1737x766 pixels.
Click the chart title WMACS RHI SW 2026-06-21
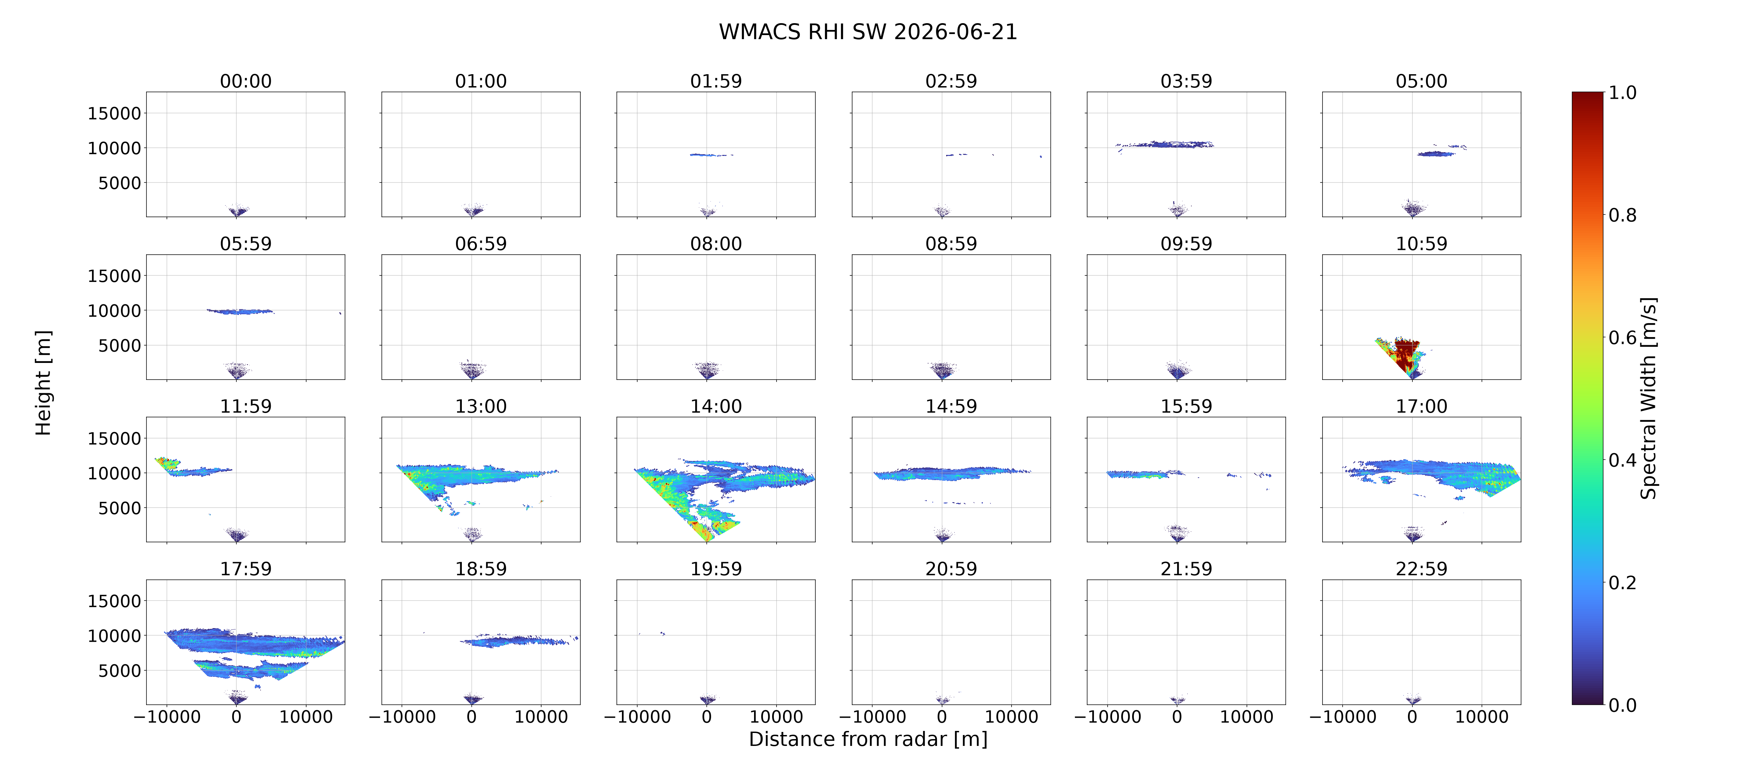(868, 32)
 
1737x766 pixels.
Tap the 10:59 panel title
(1421, 243)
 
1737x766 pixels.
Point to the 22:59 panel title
(1421, 569)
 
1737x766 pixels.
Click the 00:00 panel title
(246, 81)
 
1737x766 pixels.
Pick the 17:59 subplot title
(246, 569)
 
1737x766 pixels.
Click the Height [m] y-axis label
(43, 383)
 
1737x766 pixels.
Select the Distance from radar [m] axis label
(868, 739)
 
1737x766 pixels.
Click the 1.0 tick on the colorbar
(1622, 92)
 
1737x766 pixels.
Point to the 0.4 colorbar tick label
(1622, 460)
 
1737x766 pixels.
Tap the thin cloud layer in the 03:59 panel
(1164, 144)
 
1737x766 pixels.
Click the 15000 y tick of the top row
(115, 113)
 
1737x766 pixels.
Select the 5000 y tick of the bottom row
(120, 670)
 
